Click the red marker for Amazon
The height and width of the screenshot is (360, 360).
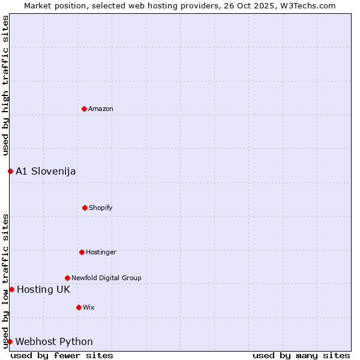click(84, 109)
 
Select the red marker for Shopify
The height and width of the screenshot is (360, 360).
click(85, 208)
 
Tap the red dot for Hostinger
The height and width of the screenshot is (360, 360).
click(82, 252)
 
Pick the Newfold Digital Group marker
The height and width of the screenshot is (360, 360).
click(67, 278)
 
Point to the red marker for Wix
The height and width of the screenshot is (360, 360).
click(79, 307)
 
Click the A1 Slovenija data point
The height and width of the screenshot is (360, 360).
click(10, 171)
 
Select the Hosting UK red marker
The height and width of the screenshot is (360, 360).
click(11, 289)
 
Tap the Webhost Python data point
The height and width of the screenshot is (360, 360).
click(10, 341)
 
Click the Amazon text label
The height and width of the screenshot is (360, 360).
click(101, 109)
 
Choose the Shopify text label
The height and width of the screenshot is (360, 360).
click(101, 208)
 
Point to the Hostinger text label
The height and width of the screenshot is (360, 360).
click(101, 252)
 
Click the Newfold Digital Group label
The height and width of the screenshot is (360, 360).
click(106, 278)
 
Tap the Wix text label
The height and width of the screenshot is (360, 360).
click(89, 307)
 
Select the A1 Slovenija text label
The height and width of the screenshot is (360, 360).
click(46, 171)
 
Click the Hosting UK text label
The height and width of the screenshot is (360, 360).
click(43, 289)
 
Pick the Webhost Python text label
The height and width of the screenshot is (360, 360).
click(54, 341)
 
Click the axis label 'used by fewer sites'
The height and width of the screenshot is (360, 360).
click(62, 355)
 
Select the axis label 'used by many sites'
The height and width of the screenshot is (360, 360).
click(301, 355)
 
